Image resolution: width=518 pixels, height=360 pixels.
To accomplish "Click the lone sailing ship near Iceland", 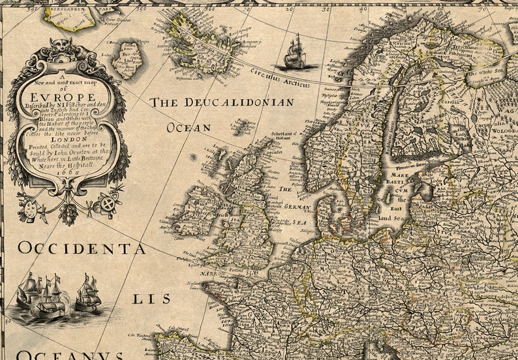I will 295,53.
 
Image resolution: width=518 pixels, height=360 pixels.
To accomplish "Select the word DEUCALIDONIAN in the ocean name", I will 238,102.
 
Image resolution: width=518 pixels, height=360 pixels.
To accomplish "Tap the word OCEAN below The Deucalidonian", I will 189,128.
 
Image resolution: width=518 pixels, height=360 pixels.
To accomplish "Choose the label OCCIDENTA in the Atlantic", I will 82,248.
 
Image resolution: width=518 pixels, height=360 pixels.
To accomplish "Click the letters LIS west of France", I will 151,299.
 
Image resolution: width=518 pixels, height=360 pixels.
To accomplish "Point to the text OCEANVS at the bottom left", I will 72,355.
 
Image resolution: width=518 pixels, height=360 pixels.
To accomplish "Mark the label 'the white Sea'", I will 490,72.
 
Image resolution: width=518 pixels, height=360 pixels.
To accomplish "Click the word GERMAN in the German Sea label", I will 299,206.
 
